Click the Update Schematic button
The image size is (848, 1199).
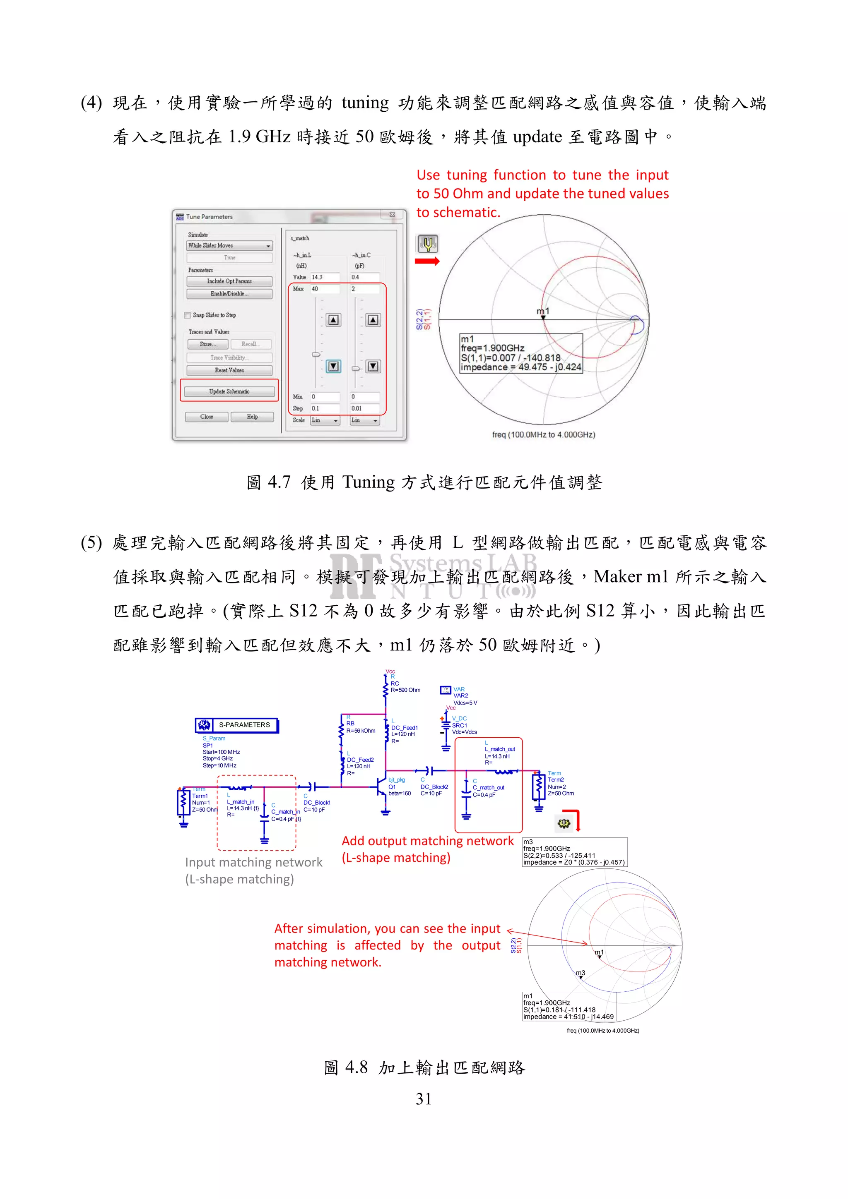229,391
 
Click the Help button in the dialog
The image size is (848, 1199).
252,417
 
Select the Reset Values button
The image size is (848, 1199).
229,370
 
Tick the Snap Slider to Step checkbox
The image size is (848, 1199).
188,315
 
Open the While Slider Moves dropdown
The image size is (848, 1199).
229,245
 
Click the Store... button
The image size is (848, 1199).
207,344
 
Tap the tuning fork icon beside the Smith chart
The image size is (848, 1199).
427,243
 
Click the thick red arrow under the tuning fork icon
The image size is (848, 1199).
427,261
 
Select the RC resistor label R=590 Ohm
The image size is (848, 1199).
405,690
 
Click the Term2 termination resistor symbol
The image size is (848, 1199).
538,787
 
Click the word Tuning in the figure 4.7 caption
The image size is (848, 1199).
369,482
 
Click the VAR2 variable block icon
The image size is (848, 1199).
445,691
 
